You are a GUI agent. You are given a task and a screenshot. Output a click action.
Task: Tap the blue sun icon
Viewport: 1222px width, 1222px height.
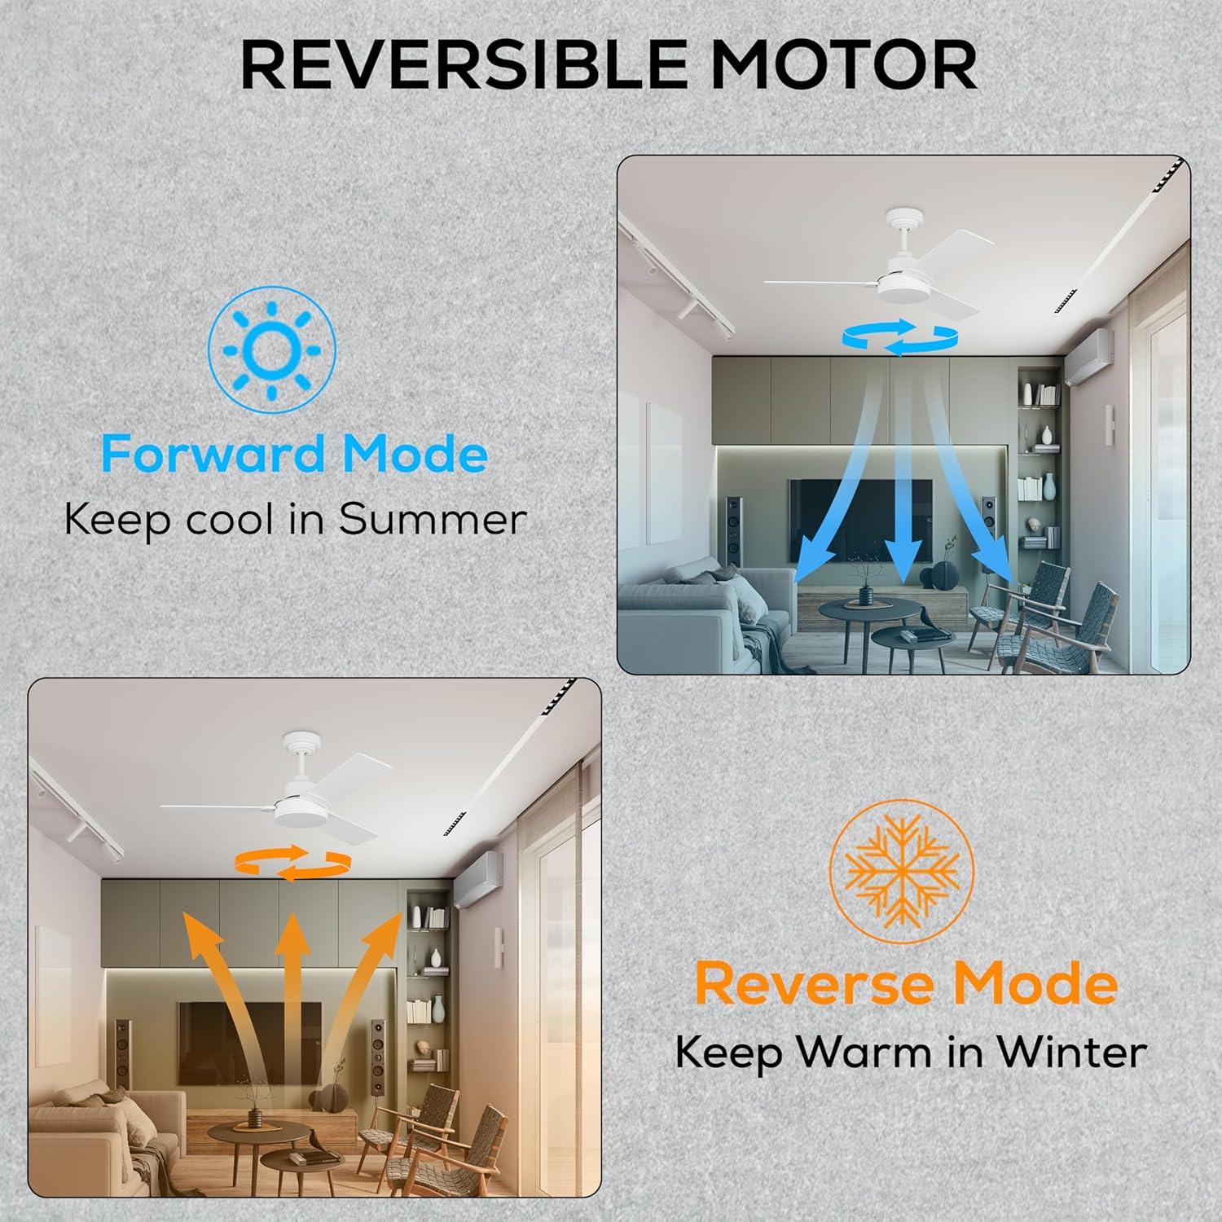271,350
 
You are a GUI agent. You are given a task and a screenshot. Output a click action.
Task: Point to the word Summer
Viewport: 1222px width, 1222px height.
433,520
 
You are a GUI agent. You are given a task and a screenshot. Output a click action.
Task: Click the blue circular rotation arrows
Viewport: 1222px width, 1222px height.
899,336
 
